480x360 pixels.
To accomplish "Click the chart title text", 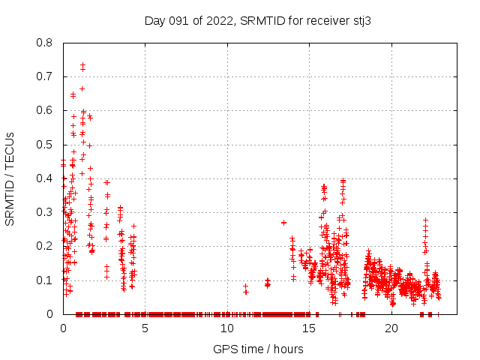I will (x=258, y=21).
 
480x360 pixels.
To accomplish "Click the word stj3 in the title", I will (x=361, y=21).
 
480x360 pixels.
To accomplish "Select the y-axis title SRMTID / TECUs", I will (x=10, y=178).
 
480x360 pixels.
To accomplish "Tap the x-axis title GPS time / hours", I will (x=258, y=349).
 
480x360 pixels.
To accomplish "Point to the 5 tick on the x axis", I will (x=145, y=328).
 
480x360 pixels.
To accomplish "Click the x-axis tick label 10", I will (x=226, y=328).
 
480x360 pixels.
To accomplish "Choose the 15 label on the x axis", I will (x=309, y=328).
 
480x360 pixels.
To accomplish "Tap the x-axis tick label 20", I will (x=391, y=328).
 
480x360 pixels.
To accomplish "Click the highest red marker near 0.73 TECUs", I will (x=82, y=65).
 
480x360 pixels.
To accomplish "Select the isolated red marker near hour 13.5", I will (x=283, y=223).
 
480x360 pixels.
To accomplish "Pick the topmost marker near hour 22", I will (x=425, y=220).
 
